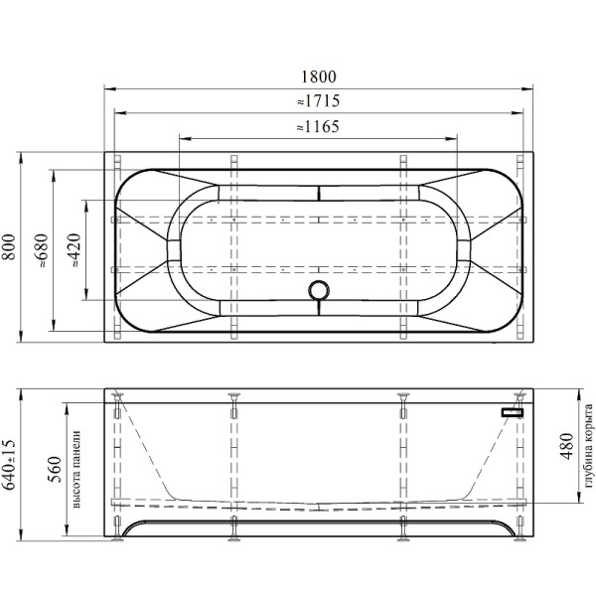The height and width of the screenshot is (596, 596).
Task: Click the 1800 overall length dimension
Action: pyautogui.click(x=319, y=76)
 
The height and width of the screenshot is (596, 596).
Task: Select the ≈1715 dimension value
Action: pyautogui.click(x=318, y=100)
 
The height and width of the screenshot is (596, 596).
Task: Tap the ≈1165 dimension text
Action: pyautogui.click(x=318, y=126)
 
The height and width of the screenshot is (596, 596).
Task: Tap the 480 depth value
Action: pyautogui.click(x=566, y=446)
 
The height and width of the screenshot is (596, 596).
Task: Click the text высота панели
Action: pyautogui.click(x=76, y=469)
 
